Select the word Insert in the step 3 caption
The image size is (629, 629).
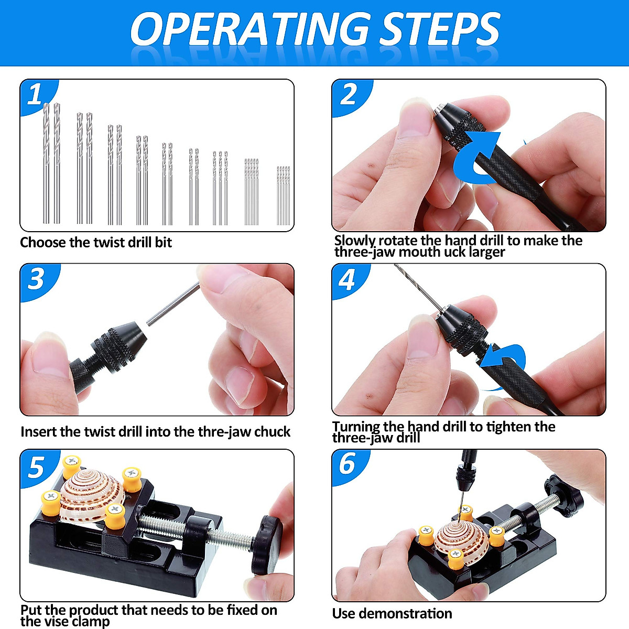pyautogui.click(x=38, y=431)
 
